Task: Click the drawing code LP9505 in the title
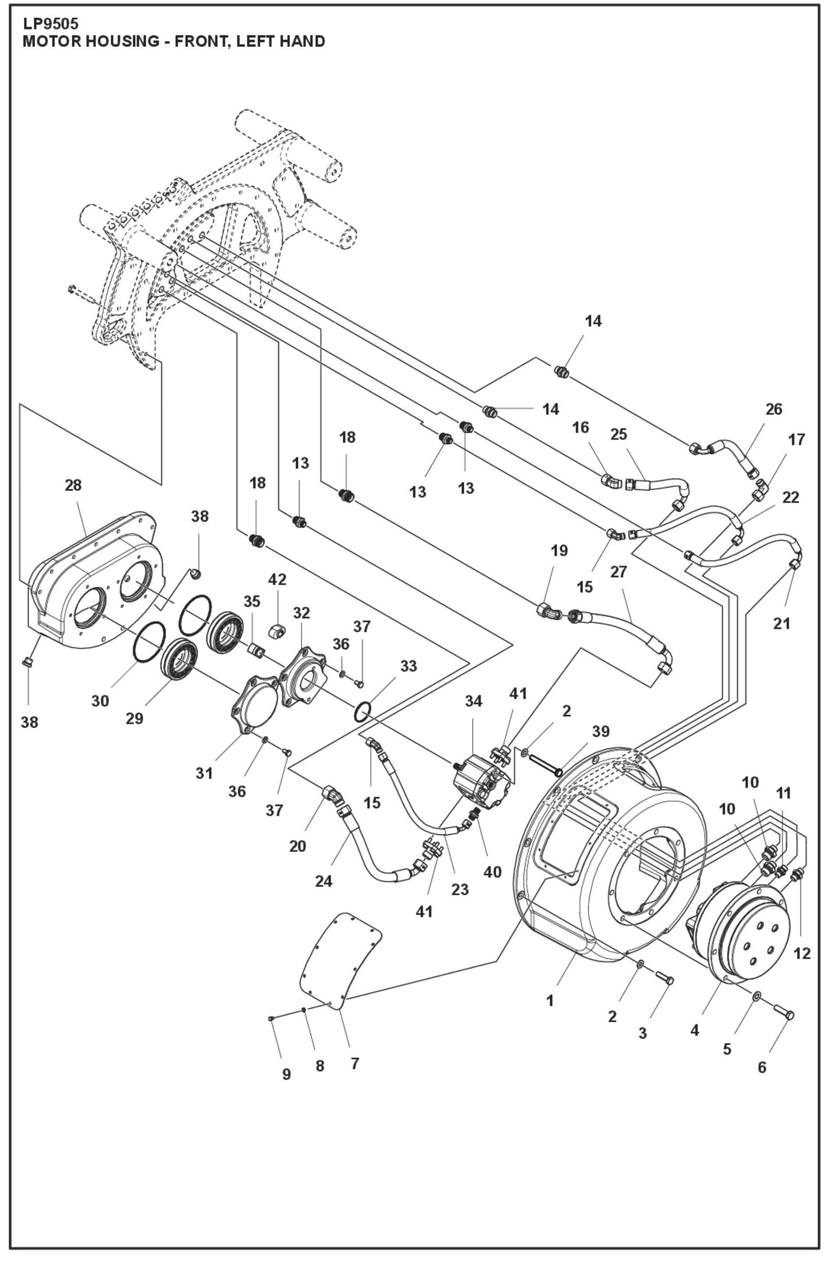[x=50, y=25]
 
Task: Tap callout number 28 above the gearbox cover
[x=73, y=485]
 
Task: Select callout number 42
[x=277, y=579]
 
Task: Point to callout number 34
[x=473, y=701]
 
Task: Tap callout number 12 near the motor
[x=802, y=953]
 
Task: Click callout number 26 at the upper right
[x=774, y=409]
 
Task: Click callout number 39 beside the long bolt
[x=601, y=731]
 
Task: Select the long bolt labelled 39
[x=546, y=765]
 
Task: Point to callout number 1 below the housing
[x=550, y=1001]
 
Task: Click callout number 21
[x=781, y=624]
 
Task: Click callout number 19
[x=560, y=551]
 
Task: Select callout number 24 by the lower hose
[x=323, y=882]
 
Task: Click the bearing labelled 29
[x=180, y=659]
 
